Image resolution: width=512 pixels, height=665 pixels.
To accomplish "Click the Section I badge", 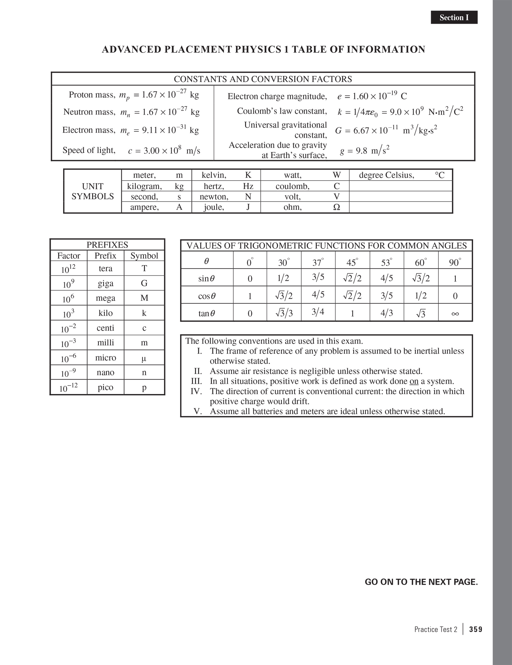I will click(454, 17).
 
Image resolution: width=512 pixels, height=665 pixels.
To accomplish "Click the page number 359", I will click(475, 629).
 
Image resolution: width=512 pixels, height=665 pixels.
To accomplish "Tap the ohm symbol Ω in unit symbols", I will click(336, 207).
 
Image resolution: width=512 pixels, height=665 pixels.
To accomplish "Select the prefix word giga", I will click(105, 283).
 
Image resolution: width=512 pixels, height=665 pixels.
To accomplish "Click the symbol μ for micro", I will click(144, 358).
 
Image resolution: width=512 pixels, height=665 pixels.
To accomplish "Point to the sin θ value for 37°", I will click(318, 277).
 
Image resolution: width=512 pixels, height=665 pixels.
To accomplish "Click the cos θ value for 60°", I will click(421, 295).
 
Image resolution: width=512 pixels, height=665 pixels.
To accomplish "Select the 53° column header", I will click(386, 263).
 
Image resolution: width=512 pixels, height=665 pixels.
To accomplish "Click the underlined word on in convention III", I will click(414, 381).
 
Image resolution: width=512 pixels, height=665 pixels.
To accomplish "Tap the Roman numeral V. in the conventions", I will click(198, 411).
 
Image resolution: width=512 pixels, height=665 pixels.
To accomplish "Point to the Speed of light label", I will click(89, 150).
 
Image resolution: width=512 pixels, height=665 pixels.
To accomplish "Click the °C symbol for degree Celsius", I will click(439, 175).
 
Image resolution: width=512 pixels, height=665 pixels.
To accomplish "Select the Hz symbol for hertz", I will click(248, 186).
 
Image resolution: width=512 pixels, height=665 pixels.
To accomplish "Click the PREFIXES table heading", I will click(107, 245).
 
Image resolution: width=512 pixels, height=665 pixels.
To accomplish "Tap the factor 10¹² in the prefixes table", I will click(68, 269).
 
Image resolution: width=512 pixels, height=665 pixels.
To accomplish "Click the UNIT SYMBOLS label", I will click(92, 191).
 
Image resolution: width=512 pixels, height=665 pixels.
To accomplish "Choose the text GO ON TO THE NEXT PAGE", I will click(421, 582).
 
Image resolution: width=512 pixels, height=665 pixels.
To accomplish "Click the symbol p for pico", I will click(144, 387).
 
